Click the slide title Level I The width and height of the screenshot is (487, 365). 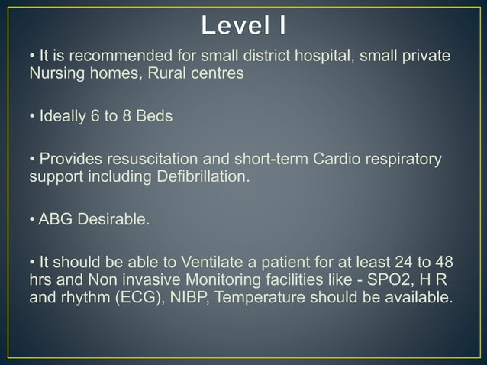tap(244, 25)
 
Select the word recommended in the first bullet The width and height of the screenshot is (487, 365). tap(105, 57)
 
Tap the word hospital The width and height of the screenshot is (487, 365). tap(297, 57)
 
